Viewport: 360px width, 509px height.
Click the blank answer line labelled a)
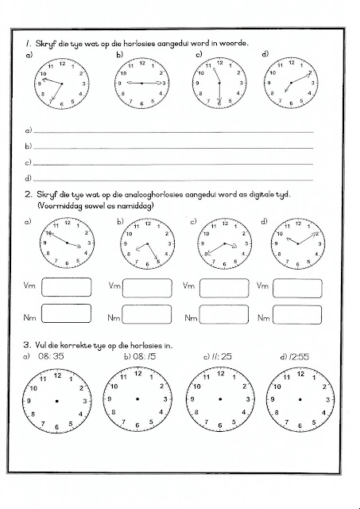(x=171, y=128)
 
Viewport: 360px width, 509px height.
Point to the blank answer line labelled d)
(x=171, y=177)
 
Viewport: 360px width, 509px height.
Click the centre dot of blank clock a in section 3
(x=56, y=400)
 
